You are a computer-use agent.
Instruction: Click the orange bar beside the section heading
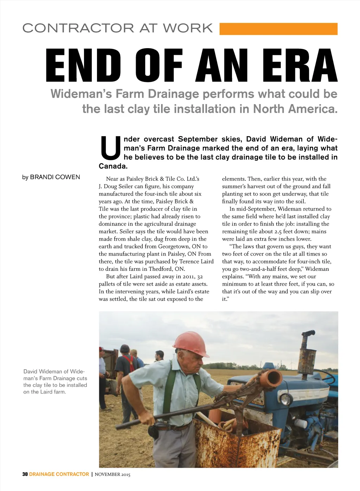[x=278, y=29]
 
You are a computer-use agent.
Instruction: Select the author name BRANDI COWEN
[x=55, y=177]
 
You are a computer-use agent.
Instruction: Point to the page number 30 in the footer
[x=25, y=474]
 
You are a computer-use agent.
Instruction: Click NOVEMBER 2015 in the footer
[x=112, y=474]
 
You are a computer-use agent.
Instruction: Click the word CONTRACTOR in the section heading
[x=78, y=28]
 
